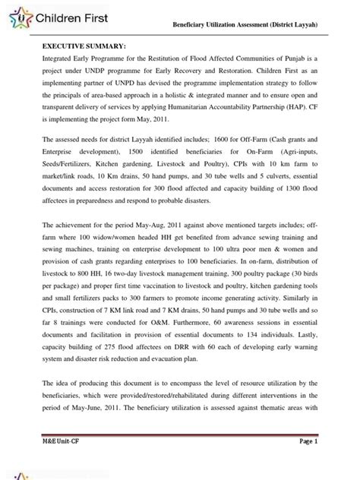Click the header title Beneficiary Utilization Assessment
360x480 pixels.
[256, 27]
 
